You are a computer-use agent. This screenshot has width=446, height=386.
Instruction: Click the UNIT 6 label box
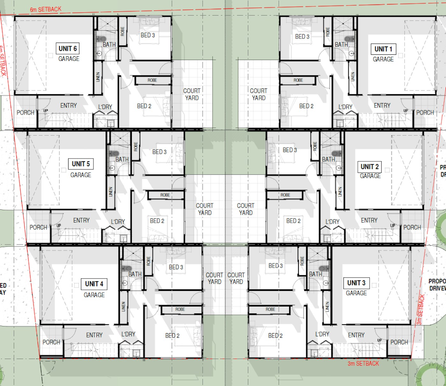coord(68,49)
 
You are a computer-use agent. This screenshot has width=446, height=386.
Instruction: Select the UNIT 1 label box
coord(383,49)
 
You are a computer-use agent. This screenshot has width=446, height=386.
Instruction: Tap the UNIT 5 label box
coord(81,164)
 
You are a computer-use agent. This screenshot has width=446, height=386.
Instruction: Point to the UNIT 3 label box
coord(356,283)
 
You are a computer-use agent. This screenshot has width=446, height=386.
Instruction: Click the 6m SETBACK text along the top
coord(46,9)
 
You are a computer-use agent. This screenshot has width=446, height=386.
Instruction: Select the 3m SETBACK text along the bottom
coord(363,363)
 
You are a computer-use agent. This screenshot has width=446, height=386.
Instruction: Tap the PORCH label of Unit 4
coord(51,342)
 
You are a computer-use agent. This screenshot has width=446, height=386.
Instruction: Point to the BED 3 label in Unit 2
coord(290,150)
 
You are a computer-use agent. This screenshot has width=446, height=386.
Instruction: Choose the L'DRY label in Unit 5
coord(118,222)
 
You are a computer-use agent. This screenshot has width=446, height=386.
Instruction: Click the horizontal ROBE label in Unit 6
coord(152,80)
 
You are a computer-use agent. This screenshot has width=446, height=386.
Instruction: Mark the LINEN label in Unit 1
coord(353,76)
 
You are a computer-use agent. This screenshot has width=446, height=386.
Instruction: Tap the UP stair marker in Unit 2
coord(392,225)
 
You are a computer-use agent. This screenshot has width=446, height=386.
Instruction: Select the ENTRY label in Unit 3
coord(356,335)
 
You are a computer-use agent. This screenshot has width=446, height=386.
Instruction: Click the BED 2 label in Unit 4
coord(172,335)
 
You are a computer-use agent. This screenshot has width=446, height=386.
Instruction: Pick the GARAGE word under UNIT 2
coord(370,176)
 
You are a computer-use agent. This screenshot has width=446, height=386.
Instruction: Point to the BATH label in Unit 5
coord(122,159)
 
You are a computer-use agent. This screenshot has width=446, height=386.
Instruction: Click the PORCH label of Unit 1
coord(425,113)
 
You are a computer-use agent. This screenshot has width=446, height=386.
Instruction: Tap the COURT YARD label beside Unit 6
coord(192,95)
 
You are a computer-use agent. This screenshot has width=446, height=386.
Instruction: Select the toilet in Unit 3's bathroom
coord(324,269)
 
